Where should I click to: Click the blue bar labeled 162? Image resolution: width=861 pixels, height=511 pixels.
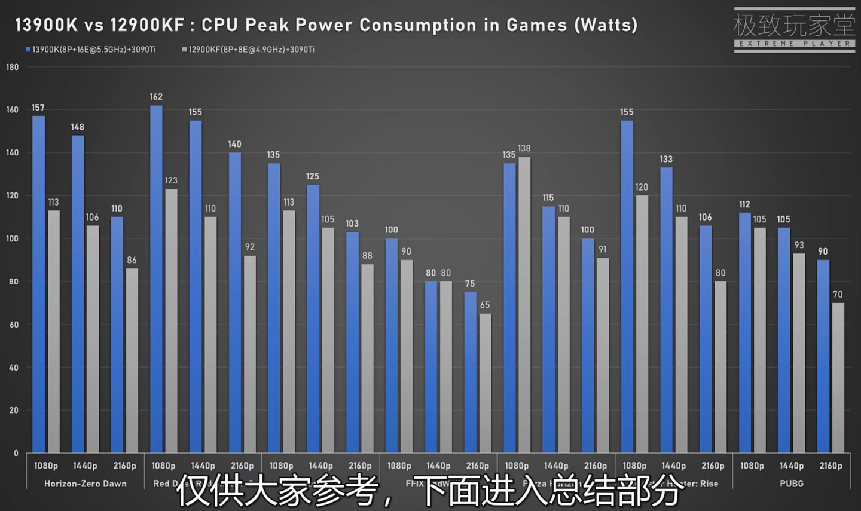(x=156, y=279)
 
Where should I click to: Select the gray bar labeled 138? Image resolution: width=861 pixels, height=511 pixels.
(x=524, y=304)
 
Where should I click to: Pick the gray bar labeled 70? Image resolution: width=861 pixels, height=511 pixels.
(x=838, y=377)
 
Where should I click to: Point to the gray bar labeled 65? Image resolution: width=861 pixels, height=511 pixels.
(x=485, y=383)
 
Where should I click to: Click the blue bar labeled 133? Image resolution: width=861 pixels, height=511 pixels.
(x=666, y=310)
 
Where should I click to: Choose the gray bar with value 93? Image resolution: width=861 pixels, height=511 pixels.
(x=799, y=353)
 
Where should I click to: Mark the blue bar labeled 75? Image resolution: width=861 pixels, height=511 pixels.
(x=470, y=372)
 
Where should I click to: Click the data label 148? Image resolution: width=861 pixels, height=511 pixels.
(x=77, y=127)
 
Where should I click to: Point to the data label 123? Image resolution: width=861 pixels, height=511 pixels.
(x=171, y=180)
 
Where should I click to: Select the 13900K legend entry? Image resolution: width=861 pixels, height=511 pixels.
(x=90, y=50)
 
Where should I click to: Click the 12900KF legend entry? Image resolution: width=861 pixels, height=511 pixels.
(x=248, y=50)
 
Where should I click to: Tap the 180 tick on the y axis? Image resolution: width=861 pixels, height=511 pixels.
(x=13, y=67)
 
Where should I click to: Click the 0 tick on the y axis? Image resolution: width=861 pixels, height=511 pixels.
(x=16, y=453)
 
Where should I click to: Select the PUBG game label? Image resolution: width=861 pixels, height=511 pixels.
(x=791, y=484)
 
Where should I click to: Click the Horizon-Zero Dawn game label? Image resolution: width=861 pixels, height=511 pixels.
(x=85, y=484)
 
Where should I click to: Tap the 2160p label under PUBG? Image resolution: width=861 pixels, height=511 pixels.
(x=831, y=466)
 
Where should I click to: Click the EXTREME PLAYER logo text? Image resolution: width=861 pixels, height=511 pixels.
(x=794, y=44)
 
